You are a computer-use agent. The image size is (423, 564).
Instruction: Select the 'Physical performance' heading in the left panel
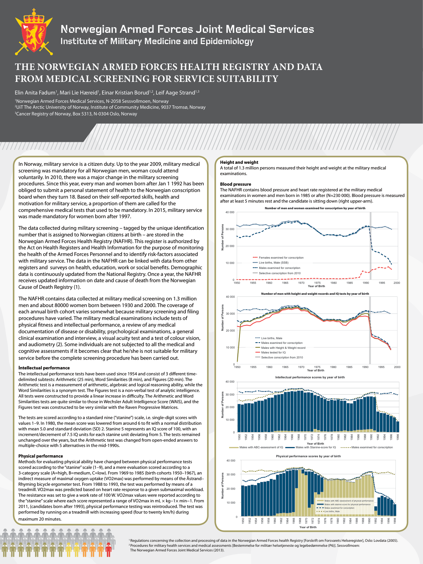point(40,456)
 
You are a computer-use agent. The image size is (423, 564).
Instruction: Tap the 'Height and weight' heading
point(239,162)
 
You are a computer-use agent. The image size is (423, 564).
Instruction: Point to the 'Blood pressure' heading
point(235,184)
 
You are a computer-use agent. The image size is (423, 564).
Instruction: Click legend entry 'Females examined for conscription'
point(281,258)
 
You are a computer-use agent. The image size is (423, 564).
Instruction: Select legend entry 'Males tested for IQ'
point(273,352)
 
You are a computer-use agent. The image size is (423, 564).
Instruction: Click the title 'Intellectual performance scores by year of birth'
point(310,377)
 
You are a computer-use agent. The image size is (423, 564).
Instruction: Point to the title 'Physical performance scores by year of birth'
point(308,456)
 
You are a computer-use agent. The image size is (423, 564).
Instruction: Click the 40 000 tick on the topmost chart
point(230,212)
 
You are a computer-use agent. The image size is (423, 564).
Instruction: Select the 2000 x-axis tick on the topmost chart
point(396,283)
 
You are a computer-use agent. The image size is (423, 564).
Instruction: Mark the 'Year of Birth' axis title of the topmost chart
point(316,286)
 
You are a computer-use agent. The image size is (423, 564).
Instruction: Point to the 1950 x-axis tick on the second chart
point(237,367)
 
